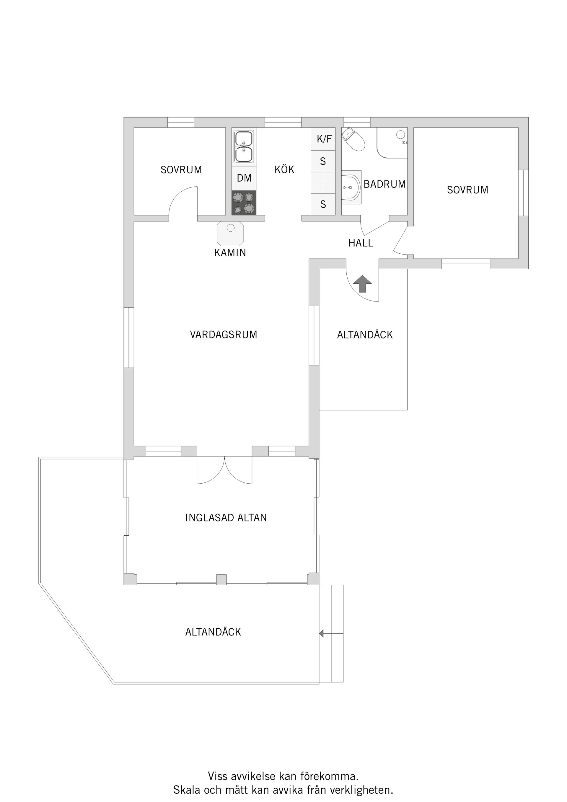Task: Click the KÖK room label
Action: (284, 169)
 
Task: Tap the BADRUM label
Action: (384, 184)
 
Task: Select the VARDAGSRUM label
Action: (224, 335)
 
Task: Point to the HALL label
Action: (361, 243)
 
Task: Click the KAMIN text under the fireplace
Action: (230, 252)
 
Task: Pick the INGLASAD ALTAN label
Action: (226, 518)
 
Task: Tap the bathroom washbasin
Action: (351, 187)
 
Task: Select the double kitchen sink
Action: (244, 147)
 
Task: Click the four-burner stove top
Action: (244, 203)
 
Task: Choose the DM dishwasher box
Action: (244, 178)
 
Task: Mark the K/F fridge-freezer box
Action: (323, 139)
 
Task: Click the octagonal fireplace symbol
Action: (230, 233)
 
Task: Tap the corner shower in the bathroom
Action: (392, 143)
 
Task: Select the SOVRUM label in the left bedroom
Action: (181, 170)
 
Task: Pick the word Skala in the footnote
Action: (187, 790)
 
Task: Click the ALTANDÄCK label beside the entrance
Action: (365, 335)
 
